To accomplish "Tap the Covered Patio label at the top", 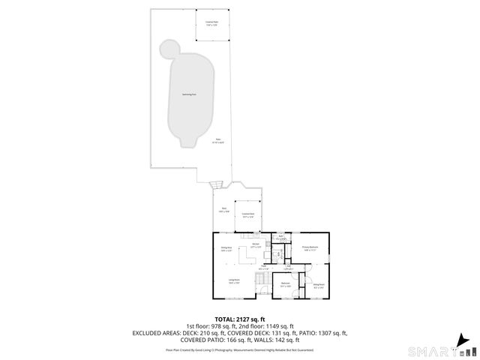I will [211, 23].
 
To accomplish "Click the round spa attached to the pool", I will [169, 49].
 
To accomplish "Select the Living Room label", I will [233, 281].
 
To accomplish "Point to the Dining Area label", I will [226, 248].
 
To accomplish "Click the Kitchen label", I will [255, 245].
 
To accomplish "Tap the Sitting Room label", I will [318, 285].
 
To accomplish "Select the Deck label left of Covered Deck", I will [223, 210].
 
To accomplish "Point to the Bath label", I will [280, 236].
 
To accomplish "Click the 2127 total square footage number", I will [250, 319].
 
